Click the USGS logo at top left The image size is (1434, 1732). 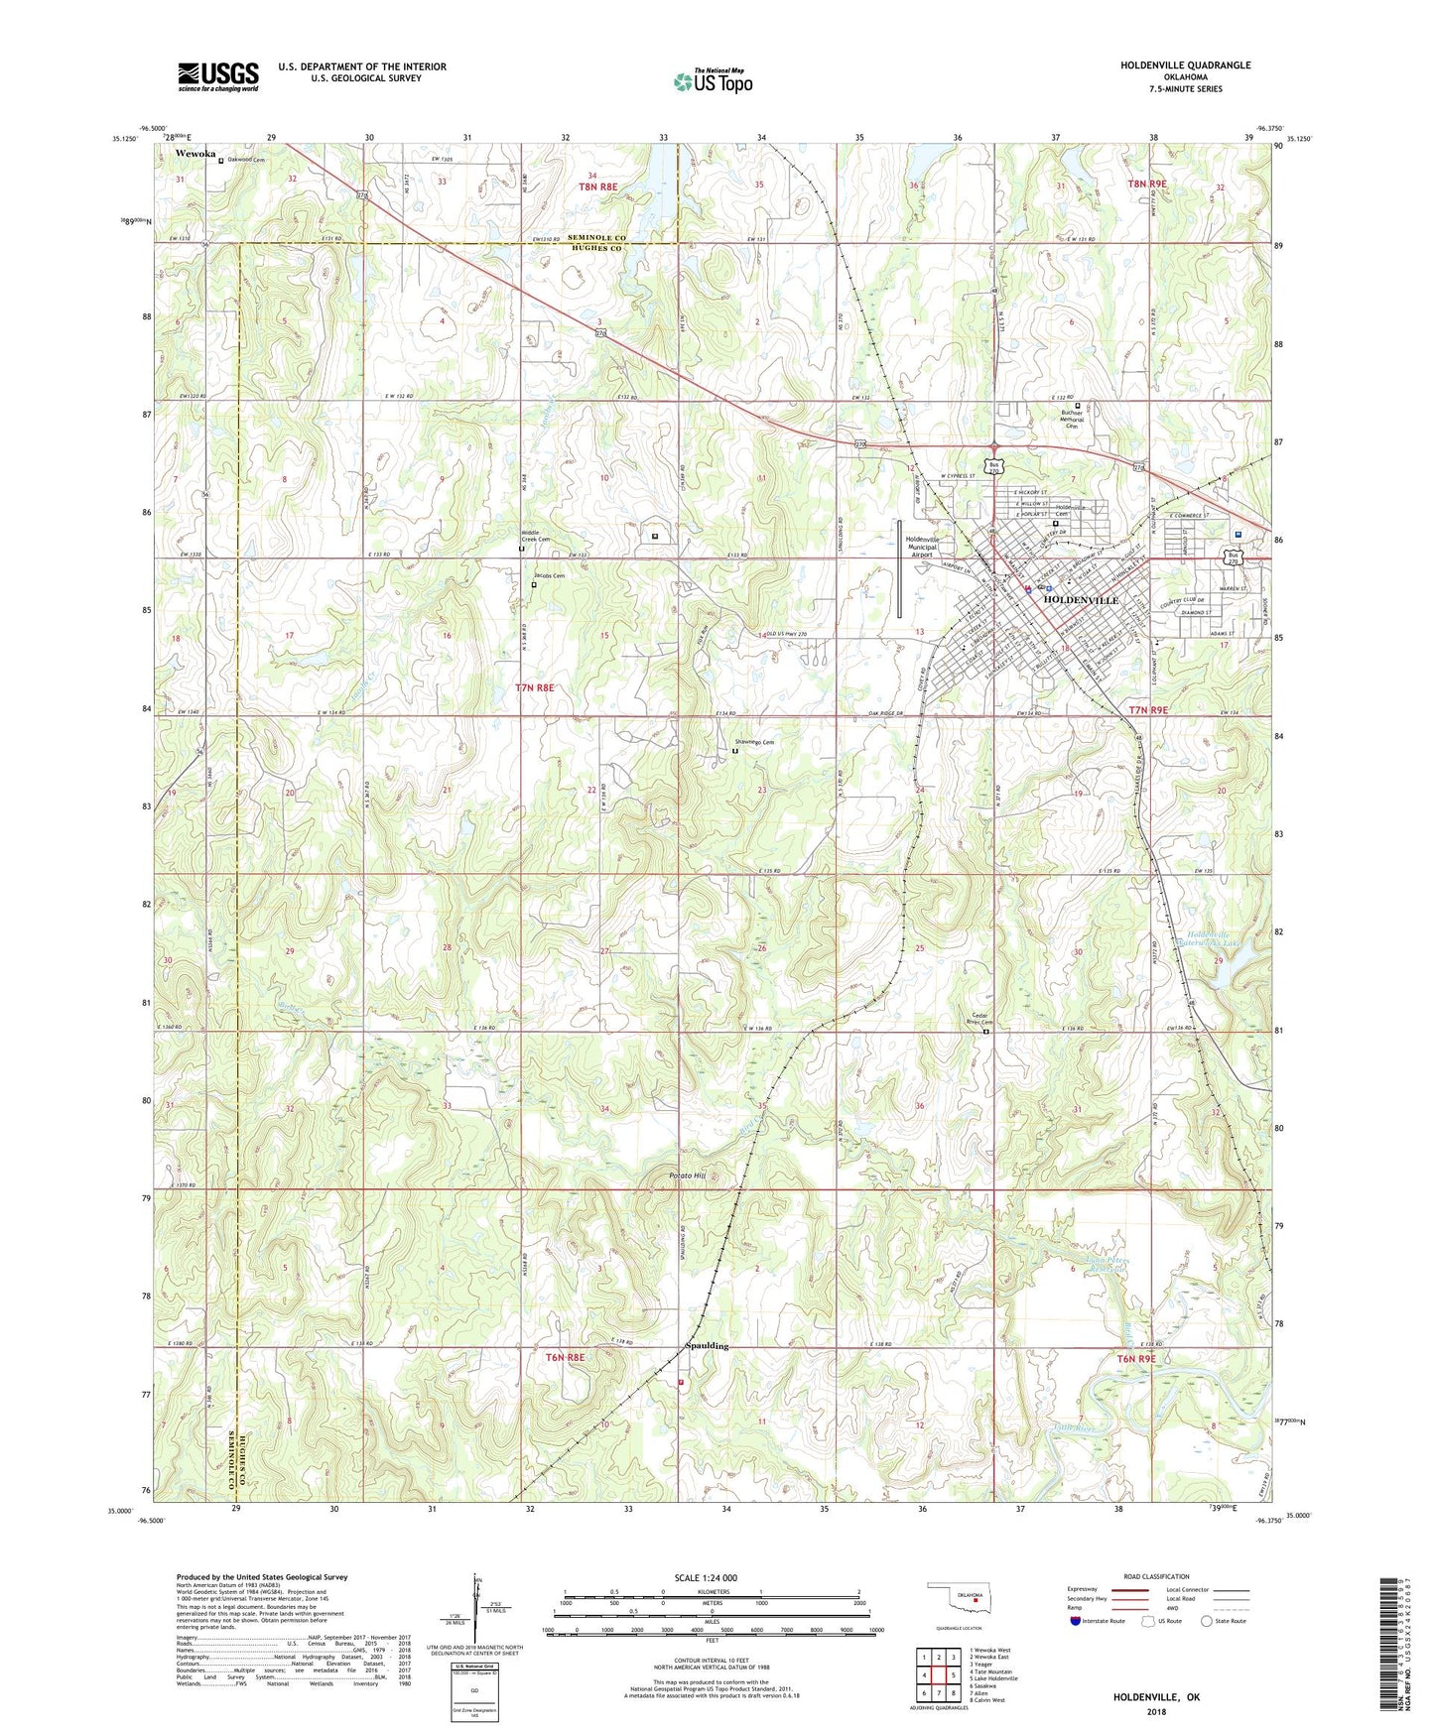[x=218, y=75]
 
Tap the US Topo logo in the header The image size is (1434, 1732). [x=712, y=81]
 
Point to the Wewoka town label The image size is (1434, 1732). [x=196, y=155]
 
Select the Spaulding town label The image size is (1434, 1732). [x=708, y=1346]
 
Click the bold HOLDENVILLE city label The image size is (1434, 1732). [x=1080, y=600]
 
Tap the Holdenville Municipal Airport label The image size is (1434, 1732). [x=928, y=547]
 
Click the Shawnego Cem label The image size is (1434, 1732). [x=754, y=742]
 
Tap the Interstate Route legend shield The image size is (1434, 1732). [x=1076, y=1621]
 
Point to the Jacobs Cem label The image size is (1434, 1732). [x=549, y=576]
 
